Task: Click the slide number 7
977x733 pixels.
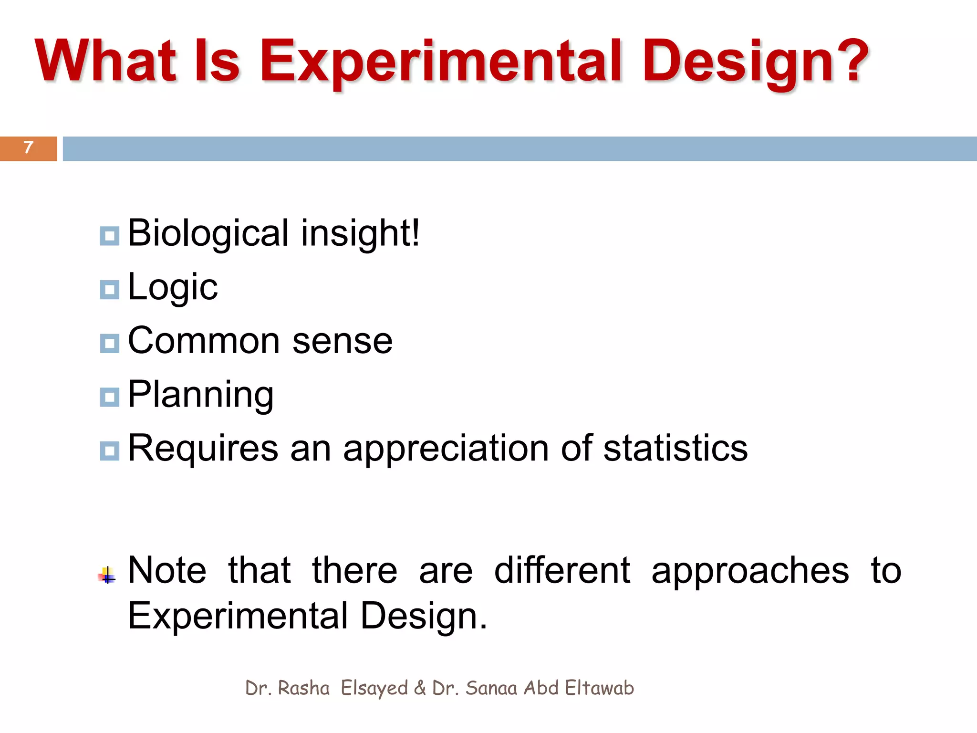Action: pyautogui.click(x=28, y=147)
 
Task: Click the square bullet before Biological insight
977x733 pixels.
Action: pyautogui.click(x=109, y=236)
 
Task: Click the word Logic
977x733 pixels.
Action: pyautogui.click(x=173, y=288)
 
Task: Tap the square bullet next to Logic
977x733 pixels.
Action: pyautogui.click(x=109, y=290)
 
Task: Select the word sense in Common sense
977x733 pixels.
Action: pyautogui.click(x=342, y=341)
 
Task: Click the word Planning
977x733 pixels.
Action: pyautogui.click(x=200, y=395)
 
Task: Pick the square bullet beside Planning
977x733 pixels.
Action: pyautogui.click(x=109, y=397)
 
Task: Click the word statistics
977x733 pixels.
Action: pyautogui.click(x=675, y=449)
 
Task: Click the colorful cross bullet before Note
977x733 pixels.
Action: pyautogui.click(x=107, y=576)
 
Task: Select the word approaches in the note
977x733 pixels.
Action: pyautogui.click(x=750, y=571)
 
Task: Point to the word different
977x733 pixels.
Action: pyautogui.click(x=562, y=570)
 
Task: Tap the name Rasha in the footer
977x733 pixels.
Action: pyautogui.click(x=303, y=688)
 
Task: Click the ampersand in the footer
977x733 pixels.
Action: pyautogui.click(x=420, y=688)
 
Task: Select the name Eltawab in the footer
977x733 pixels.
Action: pyautogui.click(x=599, y=688)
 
